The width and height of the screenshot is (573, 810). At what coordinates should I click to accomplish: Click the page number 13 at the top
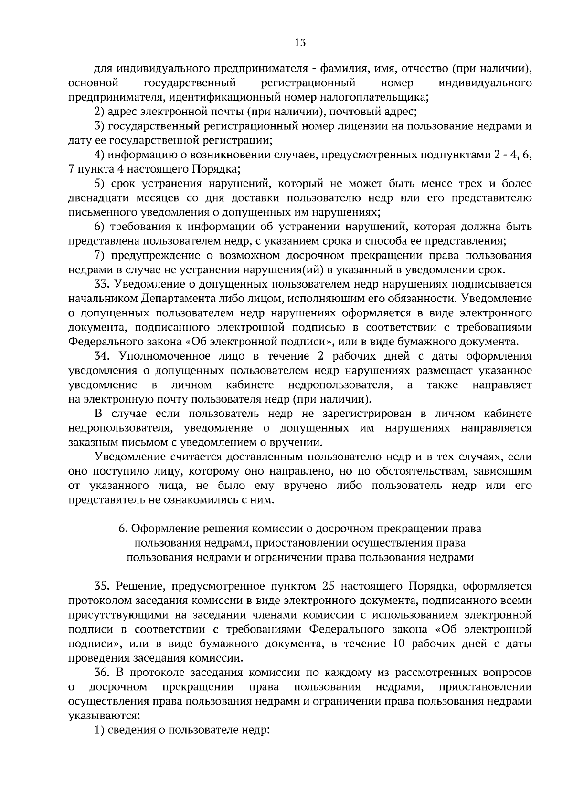[300, 43]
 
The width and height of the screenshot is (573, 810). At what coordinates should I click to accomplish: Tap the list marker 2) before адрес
[99, 112]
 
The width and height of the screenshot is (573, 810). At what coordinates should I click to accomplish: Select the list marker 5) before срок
[99, 184]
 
